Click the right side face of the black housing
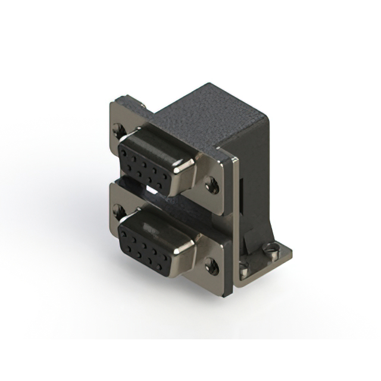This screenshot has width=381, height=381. pos(253,173)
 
